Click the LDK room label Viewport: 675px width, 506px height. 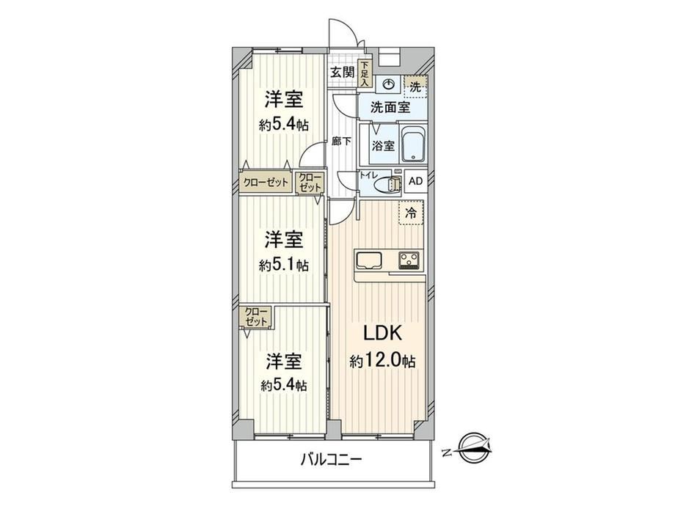[383, 333]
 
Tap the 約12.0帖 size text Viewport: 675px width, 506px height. [382, 361]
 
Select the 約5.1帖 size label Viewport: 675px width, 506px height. [283, 265]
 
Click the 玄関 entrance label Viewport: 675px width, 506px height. [342, 73]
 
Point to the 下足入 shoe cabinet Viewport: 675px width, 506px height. [365, 73]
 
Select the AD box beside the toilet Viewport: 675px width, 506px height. [415, 181]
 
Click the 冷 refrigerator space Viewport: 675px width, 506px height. [411, 213]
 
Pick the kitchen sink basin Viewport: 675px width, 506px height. [368, 260]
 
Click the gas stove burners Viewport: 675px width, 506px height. [411, 260]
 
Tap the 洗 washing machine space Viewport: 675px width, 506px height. [415, 87]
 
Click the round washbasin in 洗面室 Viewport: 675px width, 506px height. [390, 84]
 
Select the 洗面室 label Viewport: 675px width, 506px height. [390, 107]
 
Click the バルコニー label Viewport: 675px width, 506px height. [331, 460]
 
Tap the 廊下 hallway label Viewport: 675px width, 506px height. [341, 141]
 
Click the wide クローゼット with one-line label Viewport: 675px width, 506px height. [266, 182]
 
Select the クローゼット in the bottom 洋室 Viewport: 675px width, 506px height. [256, 317]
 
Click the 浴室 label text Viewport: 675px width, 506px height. [383, 146]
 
